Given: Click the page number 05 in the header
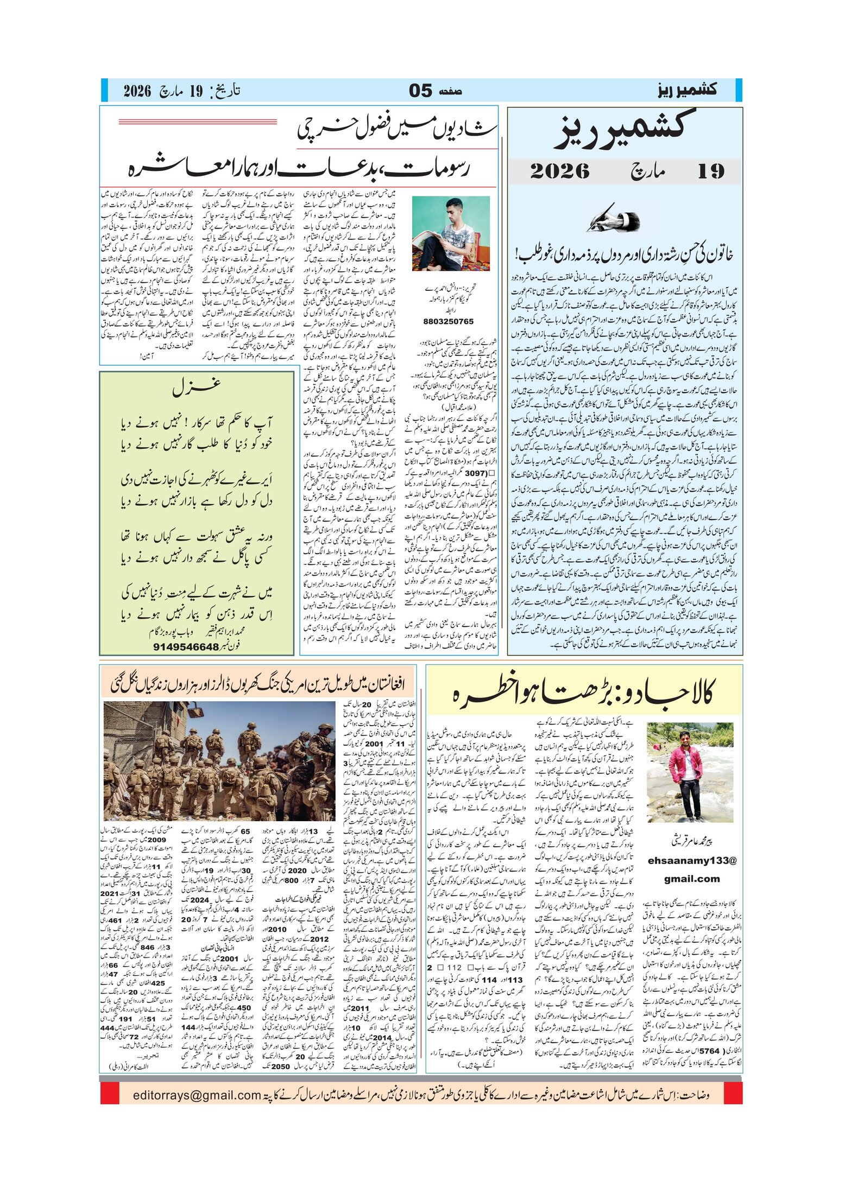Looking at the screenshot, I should pos(420,91).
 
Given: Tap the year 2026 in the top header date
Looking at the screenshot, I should pos(137,91).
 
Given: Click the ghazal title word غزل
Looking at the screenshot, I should pos(197,387).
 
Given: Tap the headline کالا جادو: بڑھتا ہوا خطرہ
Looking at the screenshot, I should pos(582,691).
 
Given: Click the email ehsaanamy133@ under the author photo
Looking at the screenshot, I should pos(691,861).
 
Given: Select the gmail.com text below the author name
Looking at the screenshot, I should pos(691,879).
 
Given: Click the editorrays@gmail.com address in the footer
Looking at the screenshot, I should pos(197,1095).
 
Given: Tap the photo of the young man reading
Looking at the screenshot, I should pos(451,233).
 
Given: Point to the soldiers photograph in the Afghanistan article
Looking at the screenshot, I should pos(219,761).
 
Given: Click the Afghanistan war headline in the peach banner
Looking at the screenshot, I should pos(258,683).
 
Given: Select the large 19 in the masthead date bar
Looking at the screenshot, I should pos(710,172).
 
